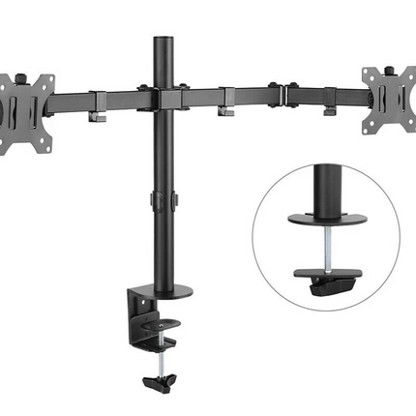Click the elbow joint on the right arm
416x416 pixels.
(280, 95)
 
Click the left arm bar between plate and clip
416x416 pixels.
(73, 99)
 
